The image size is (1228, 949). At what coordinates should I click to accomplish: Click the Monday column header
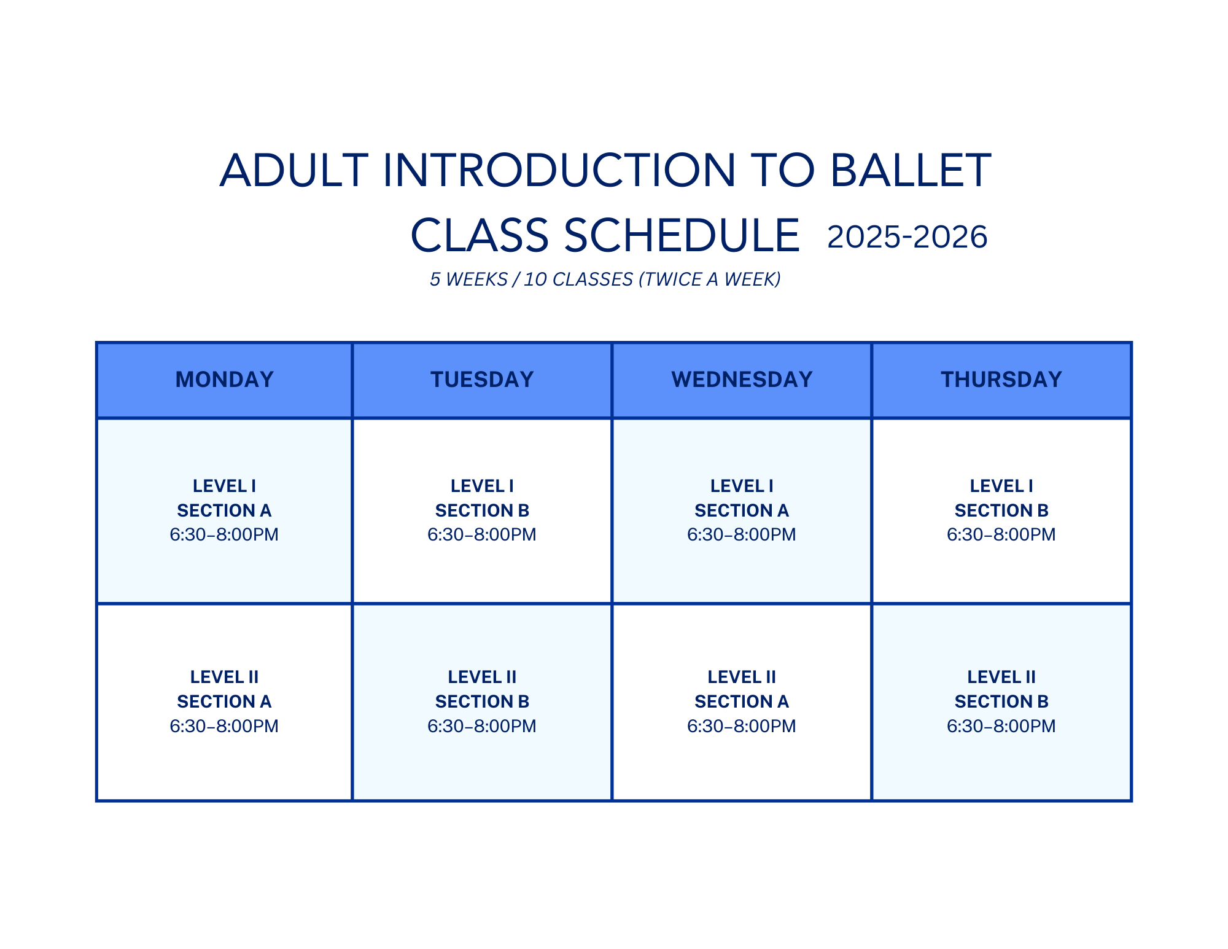tap(224, 380)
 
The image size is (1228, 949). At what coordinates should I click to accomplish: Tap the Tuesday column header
tap(482, 380)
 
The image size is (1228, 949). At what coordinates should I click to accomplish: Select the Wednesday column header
tap(742, 380)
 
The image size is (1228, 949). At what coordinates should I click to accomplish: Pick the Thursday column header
tap(1001, 380)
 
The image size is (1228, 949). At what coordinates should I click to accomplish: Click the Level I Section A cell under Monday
tap(224, 511)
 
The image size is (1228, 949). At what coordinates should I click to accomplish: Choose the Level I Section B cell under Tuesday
tap(482, 511)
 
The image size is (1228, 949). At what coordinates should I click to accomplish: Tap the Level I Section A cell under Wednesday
tap(742, 511)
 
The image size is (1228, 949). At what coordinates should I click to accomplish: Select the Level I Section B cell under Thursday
tap(1001, 511)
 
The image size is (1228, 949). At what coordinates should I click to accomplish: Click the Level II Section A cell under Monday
tap(224, 702)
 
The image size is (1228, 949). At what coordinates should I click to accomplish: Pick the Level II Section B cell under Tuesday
tap(482, 702)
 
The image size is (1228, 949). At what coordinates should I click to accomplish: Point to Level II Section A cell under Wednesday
tap(742, 702)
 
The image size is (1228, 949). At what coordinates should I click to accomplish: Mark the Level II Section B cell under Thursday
tap(1001, 702)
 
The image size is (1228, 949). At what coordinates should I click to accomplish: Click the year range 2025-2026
tap(907, 237)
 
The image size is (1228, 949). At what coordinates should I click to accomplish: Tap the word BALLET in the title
tap(911, 170)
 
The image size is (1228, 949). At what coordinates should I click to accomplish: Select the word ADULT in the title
tap(294, 170)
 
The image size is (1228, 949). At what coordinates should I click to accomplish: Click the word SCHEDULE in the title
tap(682, 236)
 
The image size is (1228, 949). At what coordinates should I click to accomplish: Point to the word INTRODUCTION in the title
tap(559, 170)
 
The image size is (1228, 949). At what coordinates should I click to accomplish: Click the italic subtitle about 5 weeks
tap(605, 279)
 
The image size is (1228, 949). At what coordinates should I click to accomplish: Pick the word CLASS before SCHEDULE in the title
tap(480, 236)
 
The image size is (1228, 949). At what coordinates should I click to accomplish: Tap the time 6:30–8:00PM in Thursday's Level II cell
tap(1001, 726)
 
